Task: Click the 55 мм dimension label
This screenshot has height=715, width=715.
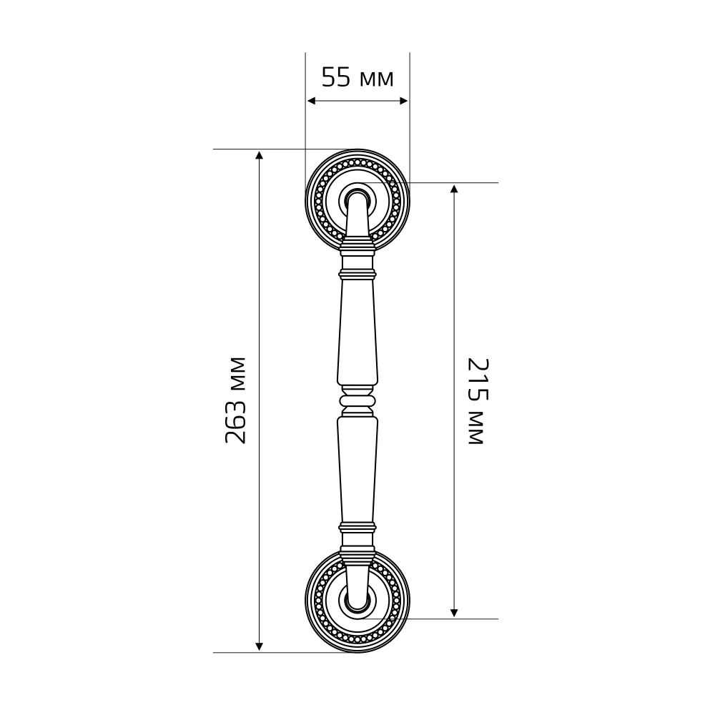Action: coord(357,77)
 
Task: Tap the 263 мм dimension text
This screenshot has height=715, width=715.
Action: coord(236,400)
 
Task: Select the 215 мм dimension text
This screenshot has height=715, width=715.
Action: coord(478,401)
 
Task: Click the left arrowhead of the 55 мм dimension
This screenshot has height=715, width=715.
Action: coord(312,101)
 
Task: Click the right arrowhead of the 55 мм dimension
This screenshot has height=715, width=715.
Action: coord(403,101)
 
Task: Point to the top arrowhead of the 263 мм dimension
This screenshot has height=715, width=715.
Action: coord(259,155)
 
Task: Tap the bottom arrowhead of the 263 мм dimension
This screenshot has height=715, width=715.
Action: coord(259,646)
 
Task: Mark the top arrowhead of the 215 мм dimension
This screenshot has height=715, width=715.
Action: coord(454,189)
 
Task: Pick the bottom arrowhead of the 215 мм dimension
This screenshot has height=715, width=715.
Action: coord(454,613)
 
